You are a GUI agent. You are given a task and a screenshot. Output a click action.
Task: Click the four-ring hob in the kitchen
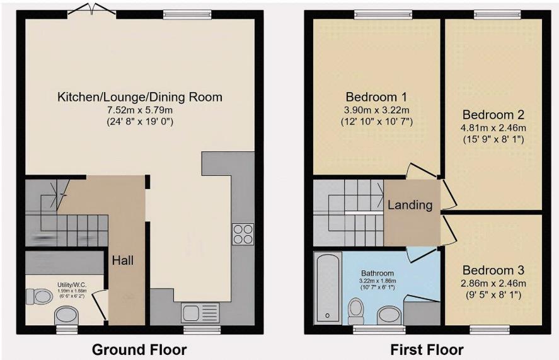243,234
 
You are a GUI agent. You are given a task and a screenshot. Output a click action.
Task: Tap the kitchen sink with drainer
200,312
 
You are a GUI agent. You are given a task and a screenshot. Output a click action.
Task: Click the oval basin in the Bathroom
388,315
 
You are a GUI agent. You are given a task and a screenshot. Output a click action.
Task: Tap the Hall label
123,260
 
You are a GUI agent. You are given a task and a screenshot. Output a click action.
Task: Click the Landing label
410,205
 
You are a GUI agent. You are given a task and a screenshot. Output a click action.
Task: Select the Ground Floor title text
139,349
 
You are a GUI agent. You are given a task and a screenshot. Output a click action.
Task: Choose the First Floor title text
427,349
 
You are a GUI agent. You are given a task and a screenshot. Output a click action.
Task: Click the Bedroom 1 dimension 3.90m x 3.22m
376,110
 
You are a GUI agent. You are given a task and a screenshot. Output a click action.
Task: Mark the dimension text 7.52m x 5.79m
140,110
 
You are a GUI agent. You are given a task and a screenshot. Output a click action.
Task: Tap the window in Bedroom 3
489,328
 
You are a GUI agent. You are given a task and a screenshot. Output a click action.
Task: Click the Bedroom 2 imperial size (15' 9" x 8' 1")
494,139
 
